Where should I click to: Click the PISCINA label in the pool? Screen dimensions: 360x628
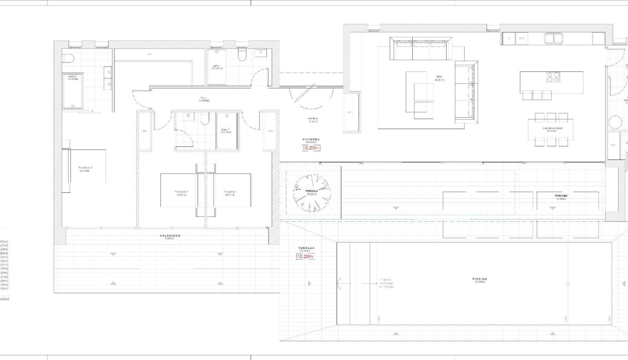(x=481, y=280)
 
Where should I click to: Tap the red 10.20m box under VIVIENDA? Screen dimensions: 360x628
(x=310, y=148)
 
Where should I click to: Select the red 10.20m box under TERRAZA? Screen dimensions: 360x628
(x=305, y=257)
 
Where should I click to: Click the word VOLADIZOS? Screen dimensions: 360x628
(x=169, y=236)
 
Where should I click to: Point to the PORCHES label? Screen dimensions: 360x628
(x=561, y=196)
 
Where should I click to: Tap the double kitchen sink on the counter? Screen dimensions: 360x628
(x=554, y=38)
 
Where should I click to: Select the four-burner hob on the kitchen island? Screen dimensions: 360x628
(x=553, y=77)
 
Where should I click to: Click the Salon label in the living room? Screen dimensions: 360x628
(x=439, y=77)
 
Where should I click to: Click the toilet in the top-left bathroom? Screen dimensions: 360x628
(x=68, y=59)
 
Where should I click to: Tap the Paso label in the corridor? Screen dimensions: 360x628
(x=203, y=100)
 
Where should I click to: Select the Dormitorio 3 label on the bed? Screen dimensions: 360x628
(x=85, y=168)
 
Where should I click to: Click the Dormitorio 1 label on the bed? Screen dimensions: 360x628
(x=230, y=193)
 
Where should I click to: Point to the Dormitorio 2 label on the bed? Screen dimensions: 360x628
(x=181, y=193)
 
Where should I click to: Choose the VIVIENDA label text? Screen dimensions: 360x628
(x=311, y=140)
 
